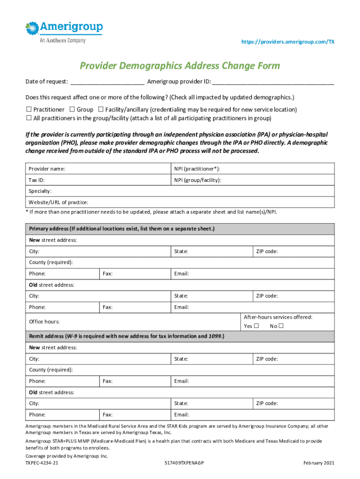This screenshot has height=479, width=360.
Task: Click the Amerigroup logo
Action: coord(64,31)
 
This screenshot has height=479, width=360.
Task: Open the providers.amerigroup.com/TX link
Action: coord(288,42)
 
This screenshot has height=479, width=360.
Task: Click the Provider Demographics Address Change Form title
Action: coord(180,65)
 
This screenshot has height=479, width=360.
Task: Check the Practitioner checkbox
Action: coord(28,109)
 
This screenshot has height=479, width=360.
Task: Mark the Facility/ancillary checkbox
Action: coord(101,109)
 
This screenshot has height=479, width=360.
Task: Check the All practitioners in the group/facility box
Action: coord(28,118)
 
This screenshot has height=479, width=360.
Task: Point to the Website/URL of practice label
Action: coord(58,203)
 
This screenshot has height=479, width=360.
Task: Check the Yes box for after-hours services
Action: coord(256,326)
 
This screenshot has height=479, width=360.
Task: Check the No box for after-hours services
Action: coord(281,326)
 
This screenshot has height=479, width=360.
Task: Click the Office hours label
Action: coord(44,322)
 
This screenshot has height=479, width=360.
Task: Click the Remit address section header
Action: coord(127,336)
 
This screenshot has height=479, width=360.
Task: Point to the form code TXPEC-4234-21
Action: coord(42,463)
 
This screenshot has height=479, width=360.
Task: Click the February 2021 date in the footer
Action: coord(319,463)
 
